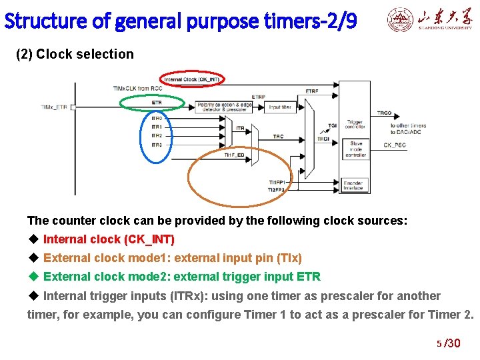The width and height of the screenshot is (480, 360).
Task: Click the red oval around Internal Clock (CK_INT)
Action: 193,79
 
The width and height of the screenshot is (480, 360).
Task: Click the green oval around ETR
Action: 155,102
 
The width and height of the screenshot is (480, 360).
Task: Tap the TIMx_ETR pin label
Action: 54,107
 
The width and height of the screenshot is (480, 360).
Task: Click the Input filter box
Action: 279,107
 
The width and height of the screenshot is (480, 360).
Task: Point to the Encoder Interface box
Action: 353,185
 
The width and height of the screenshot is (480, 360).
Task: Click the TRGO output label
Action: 384,113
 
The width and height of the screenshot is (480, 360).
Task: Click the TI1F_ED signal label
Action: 233,155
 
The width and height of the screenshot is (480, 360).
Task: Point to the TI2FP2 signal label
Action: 276,190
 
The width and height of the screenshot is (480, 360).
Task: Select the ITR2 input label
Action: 157,135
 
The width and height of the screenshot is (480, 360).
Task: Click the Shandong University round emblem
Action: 400,21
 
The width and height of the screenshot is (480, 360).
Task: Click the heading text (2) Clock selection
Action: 75,55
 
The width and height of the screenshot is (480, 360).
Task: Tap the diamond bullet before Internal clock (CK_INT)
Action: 33,239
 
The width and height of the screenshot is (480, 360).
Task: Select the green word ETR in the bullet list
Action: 309,277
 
